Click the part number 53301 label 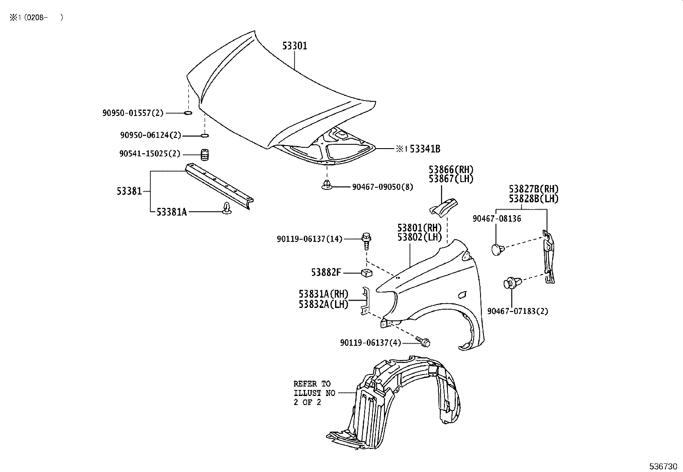point(295,46)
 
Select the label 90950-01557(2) point(133,113)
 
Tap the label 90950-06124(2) point(151,136)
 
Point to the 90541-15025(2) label point(150,154)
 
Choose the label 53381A point(172,211)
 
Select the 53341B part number point(425,149)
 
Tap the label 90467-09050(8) point(383,187)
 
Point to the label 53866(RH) point(451,169)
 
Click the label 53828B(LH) point(534,199)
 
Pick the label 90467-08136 point(497,219)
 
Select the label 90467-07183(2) point(517,311)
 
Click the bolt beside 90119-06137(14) point(366,240)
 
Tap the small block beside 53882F point(366,272)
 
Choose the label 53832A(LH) point(323,304)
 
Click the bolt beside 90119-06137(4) point(423,342)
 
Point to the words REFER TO point(312,384)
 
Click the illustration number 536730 point(663,466)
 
